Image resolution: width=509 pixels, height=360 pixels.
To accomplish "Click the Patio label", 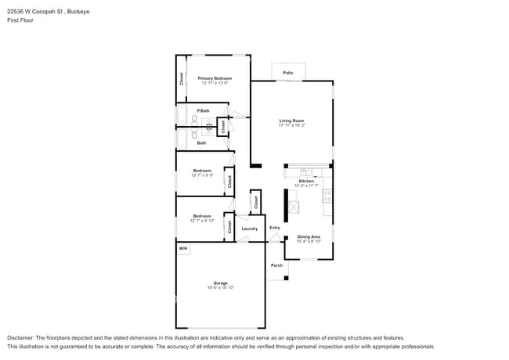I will click(x=288, y=73).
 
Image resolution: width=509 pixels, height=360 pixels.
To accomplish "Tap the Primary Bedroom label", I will click(x=214, y=78).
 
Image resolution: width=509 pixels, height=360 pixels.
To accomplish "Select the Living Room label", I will click(x=291, y=121).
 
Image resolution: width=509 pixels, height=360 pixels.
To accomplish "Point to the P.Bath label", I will click(x=202, y=110).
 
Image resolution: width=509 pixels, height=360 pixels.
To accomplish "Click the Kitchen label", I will click(x=306, y=181).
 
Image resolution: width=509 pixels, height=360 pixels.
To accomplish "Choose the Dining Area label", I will click(x=309, y=236).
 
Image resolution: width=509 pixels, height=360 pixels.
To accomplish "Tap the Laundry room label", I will click(x=250, y=229).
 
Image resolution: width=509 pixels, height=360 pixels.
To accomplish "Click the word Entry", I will click(x=274, y=228).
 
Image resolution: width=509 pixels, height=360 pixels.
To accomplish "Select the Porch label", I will click(x=276, y=265).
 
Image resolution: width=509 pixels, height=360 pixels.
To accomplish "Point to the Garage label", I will click(x=221, y=283).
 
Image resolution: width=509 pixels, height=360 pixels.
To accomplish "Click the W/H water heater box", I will click(x=182, y=249).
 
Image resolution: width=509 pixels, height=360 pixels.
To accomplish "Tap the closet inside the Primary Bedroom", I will click(x=181, y=79).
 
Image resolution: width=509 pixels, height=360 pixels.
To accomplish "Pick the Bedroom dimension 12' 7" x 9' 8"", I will click(x=201, y=175).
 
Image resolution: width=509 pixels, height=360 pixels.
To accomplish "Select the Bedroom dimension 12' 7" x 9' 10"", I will click(x=201, y=221).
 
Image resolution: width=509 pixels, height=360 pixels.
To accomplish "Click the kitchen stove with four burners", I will click(x=327, y=196).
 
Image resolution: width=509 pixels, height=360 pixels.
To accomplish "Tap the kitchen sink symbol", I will click(x=306, y=172).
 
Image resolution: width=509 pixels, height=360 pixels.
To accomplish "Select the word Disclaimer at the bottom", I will click(x=22, y=337).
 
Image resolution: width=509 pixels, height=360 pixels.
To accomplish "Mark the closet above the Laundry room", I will click(x=255, y=202).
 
